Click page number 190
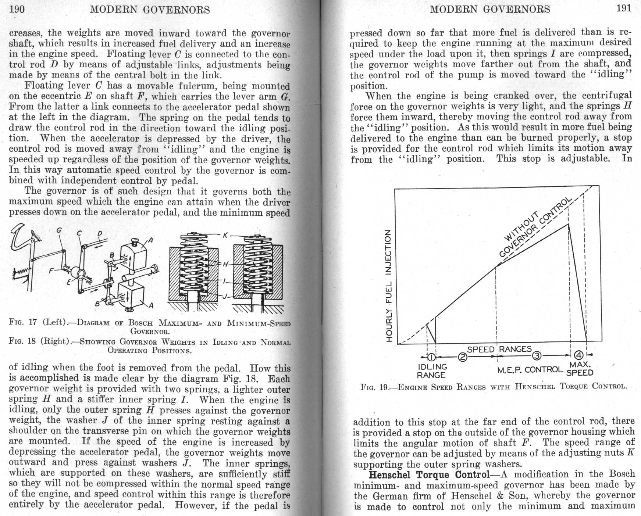tap(17, 9)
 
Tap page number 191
tap(624, 8)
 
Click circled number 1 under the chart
tap(431, 357)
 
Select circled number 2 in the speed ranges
tap(463, 357)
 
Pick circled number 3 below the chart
tap(537, 355)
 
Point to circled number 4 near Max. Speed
tap(579, 355)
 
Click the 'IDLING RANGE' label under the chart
tap(432, 371)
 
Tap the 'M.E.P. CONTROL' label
tap(530, 370)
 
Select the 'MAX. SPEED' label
tap(580, 369)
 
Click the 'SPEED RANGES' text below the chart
tap(499, 349)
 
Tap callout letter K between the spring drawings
tap(225, 235)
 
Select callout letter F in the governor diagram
tap(52, 271)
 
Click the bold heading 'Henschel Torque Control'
tap(429, 475)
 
